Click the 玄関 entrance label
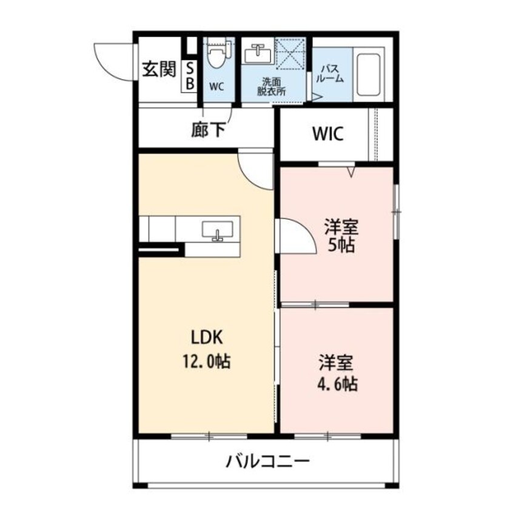158,70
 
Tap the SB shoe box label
189,77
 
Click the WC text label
216,86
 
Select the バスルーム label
330,74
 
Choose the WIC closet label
328,134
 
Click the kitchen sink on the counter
217,231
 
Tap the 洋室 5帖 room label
341,236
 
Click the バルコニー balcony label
267,463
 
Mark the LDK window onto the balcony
209,435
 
